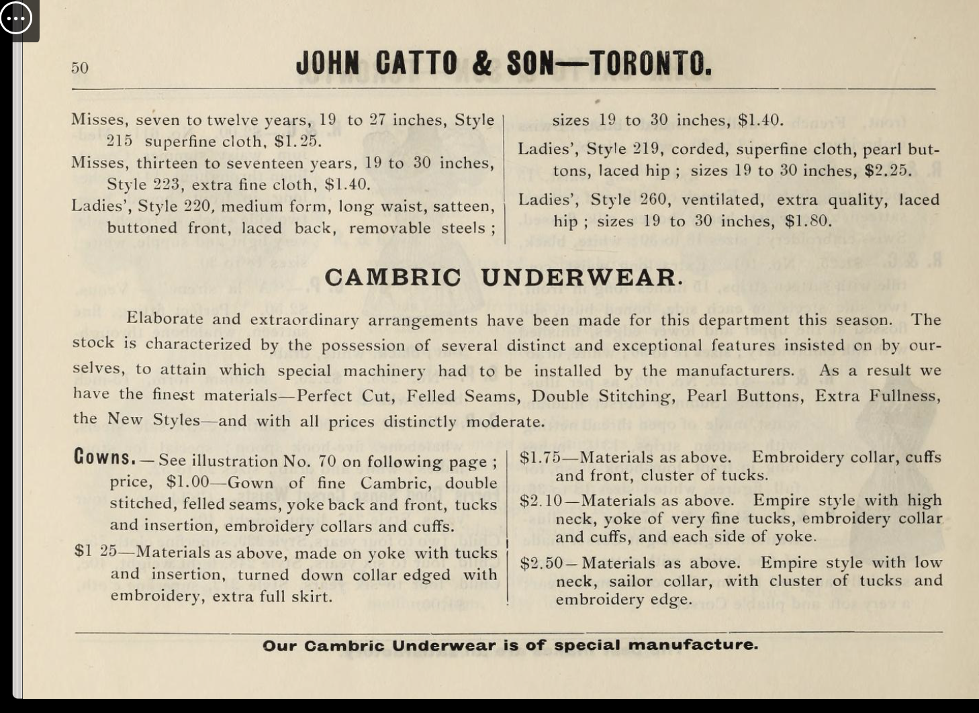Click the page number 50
tap(80, 68)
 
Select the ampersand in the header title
tap(481, 64)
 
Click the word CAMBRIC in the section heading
tap(393, 277)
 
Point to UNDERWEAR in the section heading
tap(581, 277)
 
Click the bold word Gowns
tap(105, 458)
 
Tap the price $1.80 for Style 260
tap(808, 221)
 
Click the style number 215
tap(120, 142)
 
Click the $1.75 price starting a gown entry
tap(540, 458)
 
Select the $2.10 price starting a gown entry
tap(541, 501)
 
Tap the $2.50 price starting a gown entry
tap(541, 563)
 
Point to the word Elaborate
tap(165, 319)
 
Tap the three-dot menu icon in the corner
tap(16, 18)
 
